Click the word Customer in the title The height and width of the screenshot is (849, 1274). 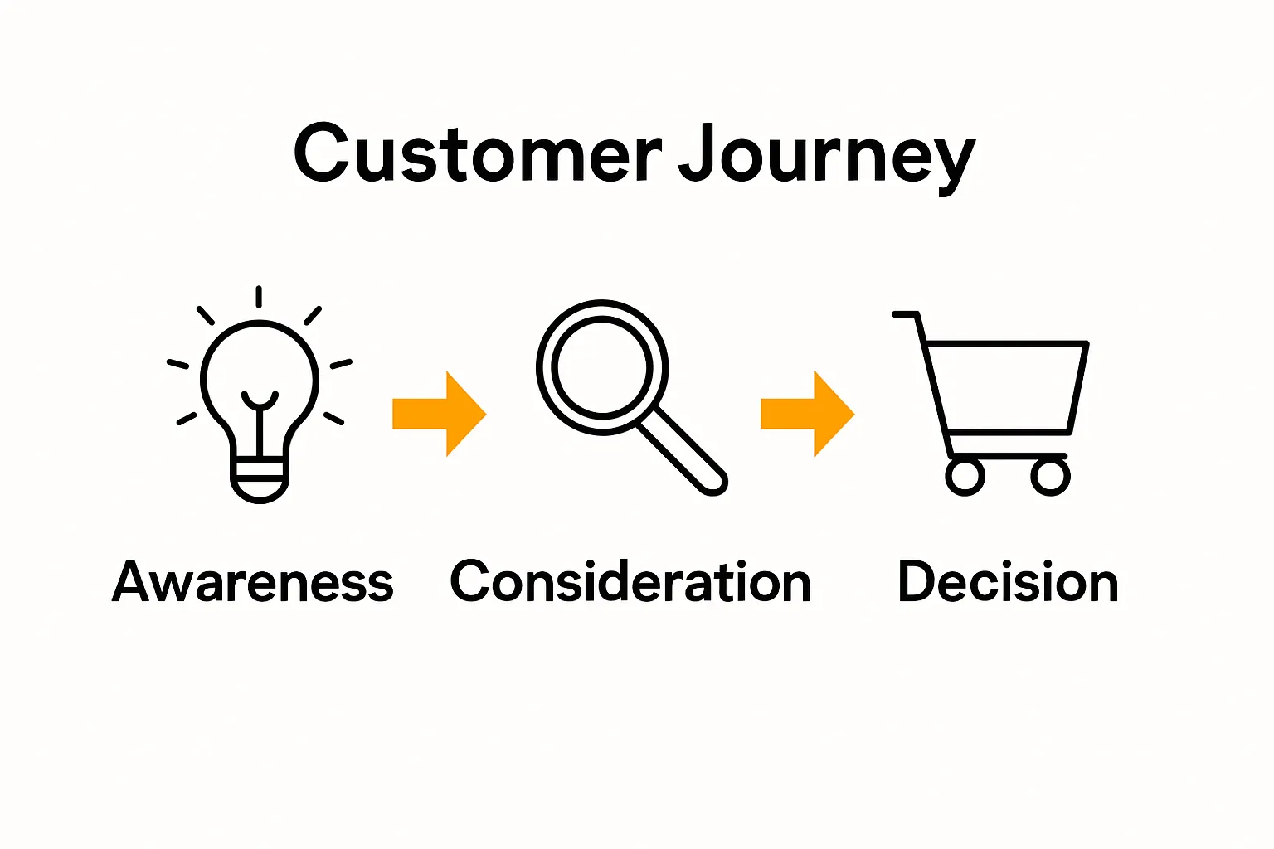click(478, 153)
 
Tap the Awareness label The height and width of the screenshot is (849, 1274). click(252, 581)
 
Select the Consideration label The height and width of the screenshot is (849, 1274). click(630, 581)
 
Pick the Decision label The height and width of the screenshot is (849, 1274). click(1008, 581)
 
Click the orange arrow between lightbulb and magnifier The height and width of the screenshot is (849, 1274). click(439, 414)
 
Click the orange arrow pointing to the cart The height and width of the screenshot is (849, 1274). click(808, 414)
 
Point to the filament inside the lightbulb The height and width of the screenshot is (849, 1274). click(260, 421)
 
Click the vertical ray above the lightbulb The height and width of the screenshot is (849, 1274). click(259, 297)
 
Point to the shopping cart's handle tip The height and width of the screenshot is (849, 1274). click(895, 314)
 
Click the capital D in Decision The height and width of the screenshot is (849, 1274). click(917, 580)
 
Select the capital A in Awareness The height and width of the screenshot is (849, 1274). click(134, 580)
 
